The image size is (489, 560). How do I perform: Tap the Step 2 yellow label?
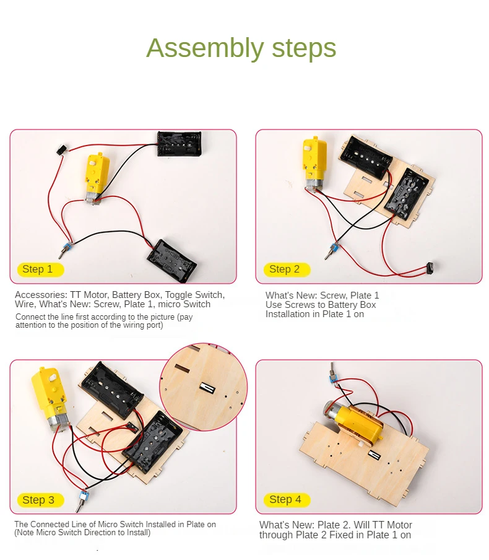click(x=285, y=269)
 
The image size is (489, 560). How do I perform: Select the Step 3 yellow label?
click(x=38, y=500)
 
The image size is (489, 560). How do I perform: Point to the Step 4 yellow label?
click(x=285, y=499)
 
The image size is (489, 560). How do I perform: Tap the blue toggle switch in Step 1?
click(x=64, y=250)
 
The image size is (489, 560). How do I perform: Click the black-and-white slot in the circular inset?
click(x=207, y=388)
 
